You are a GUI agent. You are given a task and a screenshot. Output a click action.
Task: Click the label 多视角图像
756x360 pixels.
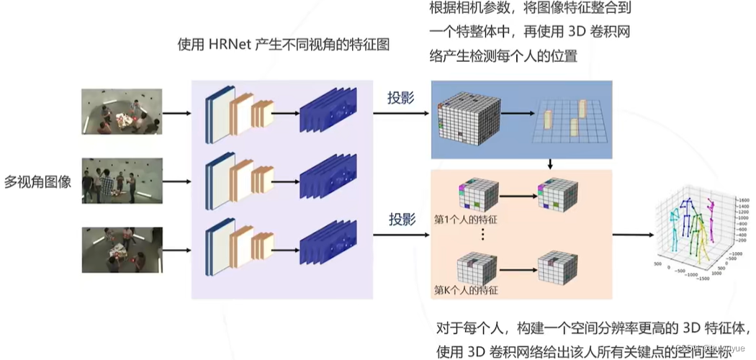coord(37,181)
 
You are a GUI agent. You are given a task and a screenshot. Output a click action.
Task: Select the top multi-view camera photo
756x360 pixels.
coord(122,112)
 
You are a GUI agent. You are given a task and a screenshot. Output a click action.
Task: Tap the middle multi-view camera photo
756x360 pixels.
coord(122,181)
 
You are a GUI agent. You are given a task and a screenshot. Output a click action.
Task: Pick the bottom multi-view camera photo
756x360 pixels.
coord(122,250)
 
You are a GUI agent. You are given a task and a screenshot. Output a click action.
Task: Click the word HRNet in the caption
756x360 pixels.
coord(230,45)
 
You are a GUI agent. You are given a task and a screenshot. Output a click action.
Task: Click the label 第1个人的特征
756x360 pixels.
coord(466,219)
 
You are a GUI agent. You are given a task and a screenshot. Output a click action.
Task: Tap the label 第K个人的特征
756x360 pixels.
coord(466,290)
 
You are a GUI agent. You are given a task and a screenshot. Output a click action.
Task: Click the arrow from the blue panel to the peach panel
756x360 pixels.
coord(550,164)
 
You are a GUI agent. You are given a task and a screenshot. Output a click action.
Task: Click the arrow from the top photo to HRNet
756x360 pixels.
coord(176,113)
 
